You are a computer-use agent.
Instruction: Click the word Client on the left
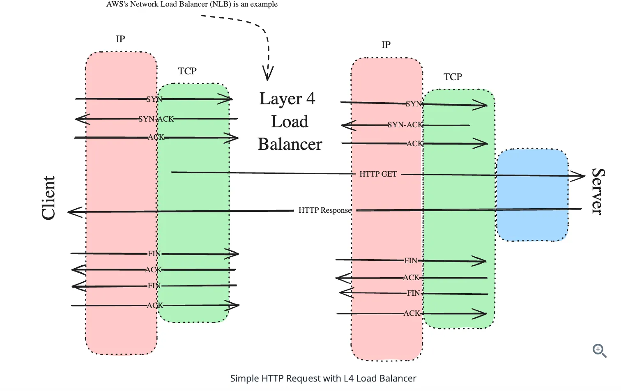pyautogui.click(x=48, y=198)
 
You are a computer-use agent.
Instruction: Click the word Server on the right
pyautogui.click(x=598, y=191)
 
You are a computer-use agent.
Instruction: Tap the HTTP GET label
pyautogui.click(x=378, y=174)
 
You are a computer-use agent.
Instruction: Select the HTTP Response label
pyautogui.click(x=324, y=210)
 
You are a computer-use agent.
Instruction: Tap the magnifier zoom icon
pyautogui.click(x=599, y=351)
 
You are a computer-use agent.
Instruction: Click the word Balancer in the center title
pyautogui.click(x=290, y=144)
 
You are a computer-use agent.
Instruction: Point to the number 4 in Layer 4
pyautogui.click(x=310, y=99)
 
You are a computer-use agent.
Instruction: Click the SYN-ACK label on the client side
pyautogui.click(x=156, y=119)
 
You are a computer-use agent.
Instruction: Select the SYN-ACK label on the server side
pyautogui.click(x=405, y=125)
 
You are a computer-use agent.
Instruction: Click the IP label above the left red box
pyautogui.click(x=120, y=39)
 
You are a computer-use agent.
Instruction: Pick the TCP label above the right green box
pyautogui.click(x=453, y=77)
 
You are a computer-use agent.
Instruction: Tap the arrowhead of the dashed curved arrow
pyautogui.click(x=268, y=74)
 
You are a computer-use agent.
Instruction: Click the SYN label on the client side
pyautogui.click(x=154, y=99)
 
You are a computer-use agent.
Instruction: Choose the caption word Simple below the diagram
pyautogui.click(x=244, y=378)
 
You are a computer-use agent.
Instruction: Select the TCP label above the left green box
pyautogui.click(x=187, y=71)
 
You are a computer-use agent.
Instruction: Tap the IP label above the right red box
pyautogui.click(x=386, y=45)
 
